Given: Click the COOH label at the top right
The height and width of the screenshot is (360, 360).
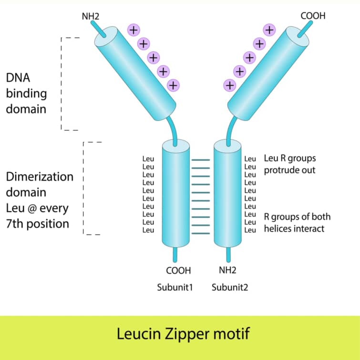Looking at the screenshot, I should point(313,16).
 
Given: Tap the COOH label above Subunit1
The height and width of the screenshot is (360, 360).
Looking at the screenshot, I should point(178,270).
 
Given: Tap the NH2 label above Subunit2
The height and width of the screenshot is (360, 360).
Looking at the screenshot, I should point(227,270).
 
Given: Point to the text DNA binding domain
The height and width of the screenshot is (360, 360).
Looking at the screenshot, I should point(26,93).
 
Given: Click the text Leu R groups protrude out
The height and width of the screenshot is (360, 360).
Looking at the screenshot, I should point(289,164).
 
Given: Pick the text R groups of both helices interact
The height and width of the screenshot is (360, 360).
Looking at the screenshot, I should point(297,223).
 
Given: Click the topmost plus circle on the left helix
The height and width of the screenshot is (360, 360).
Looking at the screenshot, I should point(134,30).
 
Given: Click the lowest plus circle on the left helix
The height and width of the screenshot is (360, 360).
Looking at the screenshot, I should point(174,85).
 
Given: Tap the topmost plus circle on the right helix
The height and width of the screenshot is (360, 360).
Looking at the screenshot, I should point(269,30).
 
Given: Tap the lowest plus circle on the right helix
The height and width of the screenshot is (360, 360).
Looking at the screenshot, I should point(230,85).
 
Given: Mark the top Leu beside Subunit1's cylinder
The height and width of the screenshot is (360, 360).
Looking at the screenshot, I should point(148,158).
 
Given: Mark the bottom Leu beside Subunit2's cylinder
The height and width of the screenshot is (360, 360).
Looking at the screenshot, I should point(250,230).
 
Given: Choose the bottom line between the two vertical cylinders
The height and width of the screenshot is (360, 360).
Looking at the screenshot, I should point(201,232).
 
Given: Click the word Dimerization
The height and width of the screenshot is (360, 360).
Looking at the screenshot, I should point(40,177).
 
